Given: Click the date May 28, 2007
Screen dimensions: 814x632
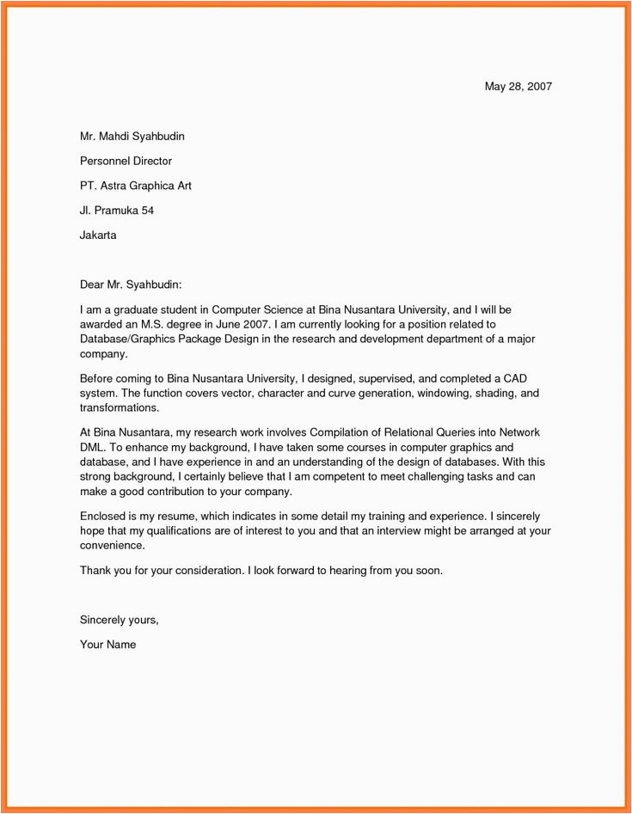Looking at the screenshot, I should [x=518, y=87].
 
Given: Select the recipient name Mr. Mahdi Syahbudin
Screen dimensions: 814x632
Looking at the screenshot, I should [x=132, y=136].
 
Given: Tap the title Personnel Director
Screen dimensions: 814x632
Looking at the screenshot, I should [x=126, y=161].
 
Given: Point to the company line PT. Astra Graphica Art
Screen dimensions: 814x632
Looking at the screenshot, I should [x=135, y=186].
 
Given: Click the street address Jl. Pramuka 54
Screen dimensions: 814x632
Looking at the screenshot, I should [x=117, y=210].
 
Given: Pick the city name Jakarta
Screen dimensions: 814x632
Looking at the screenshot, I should [x=98, y=235].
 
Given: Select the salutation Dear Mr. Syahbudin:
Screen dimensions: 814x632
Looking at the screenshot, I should [x=131, y=284].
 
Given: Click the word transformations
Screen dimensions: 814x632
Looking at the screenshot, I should [x=120, y=408].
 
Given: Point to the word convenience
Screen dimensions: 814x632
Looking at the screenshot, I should [x=113, y=546].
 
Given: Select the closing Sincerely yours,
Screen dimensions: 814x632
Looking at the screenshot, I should [x=119, y=619].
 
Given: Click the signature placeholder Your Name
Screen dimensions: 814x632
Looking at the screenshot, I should [x=107, y=644].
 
